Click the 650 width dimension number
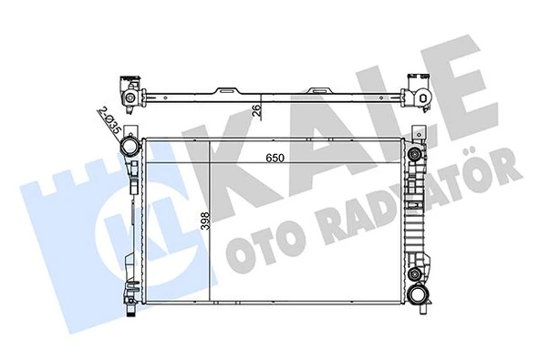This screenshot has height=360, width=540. click(x=264, y=157)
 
